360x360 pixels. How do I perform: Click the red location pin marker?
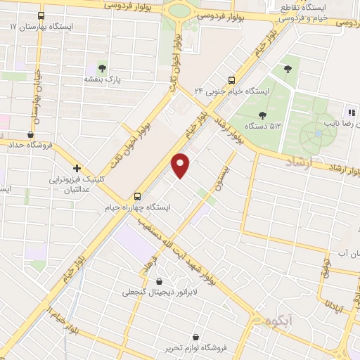[x=181, y=165]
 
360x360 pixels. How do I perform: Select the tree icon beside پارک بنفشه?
[x=102, y=68]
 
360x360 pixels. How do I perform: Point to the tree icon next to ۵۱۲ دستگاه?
[x=262, y=115]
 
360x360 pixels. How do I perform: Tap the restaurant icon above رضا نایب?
[x=349, y=113]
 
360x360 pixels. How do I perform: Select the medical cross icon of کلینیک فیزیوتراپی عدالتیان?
[x=77, y=168]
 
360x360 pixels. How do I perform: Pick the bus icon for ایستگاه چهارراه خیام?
[x=138, y=196]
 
